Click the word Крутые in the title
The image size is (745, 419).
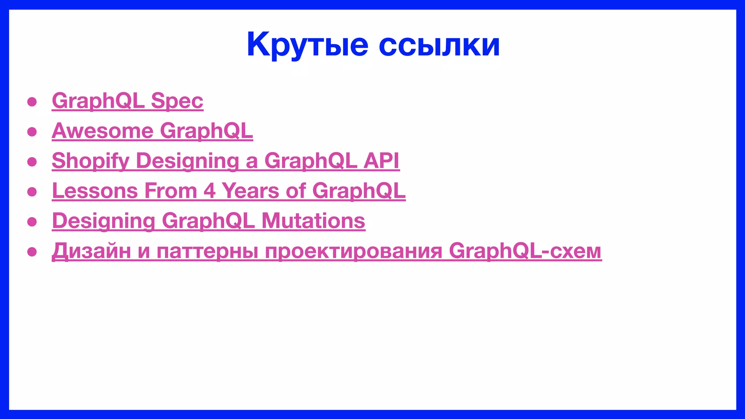307,45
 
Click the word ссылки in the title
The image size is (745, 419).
439,45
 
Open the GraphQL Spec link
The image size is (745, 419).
127,100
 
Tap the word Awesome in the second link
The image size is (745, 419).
103,131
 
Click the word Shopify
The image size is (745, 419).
91,160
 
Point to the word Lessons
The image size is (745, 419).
95,191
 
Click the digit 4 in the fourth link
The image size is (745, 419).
210,191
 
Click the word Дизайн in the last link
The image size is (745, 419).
91,251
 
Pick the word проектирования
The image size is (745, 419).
353,251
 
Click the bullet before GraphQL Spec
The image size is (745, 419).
32,101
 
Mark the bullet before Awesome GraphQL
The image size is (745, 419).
32,132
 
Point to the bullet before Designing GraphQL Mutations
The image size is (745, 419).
32,222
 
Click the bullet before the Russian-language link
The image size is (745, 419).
32,252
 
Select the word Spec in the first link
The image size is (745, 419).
177,100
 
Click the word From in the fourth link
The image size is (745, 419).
171,191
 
